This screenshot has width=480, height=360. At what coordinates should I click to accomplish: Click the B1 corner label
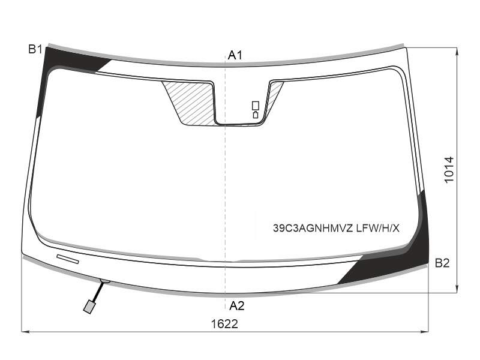click(x=35, y=49)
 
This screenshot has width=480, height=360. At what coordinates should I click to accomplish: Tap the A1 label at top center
click(x=235, y=55)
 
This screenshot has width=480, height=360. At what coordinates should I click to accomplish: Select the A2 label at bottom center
click(x=236, y=305)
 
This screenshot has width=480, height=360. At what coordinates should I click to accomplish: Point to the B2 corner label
click(x=442, y=263)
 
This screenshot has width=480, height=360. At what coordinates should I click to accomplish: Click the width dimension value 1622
click(x=224, y=324)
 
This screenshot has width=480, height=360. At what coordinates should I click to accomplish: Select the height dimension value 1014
click(x=449, y=170)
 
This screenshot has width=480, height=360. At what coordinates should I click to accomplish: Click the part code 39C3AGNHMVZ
click(x=313, y=228)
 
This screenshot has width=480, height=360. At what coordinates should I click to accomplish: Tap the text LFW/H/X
click(x=378, y=228)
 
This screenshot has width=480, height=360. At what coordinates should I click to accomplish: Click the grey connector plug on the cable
click(x=89, y=307)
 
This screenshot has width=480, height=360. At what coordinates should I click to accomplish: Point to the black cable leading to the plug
click(x=97, y=292)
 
